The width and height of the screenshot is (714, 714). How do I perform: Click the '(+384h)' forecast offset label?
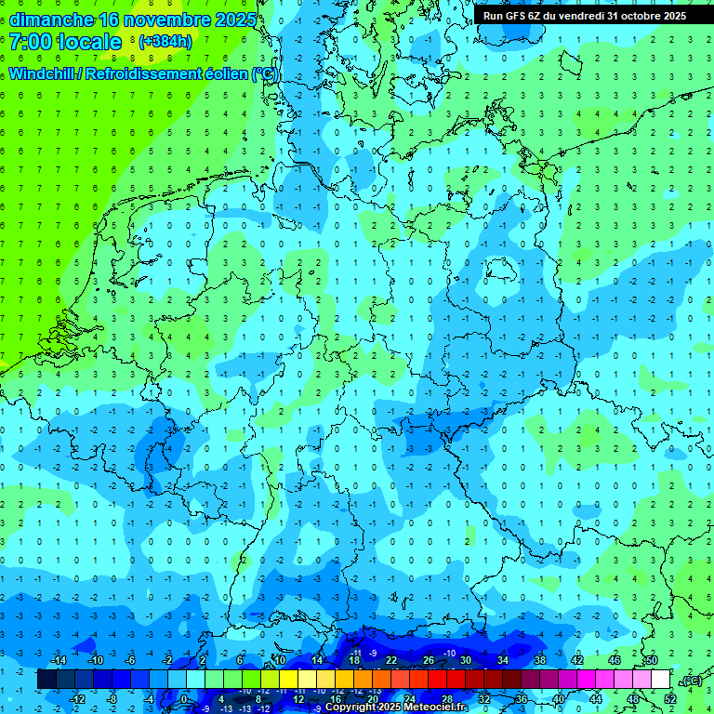[x=165, y=42]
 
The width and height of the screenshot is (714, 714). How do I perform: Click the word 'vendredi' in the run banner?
[x=575, y=16]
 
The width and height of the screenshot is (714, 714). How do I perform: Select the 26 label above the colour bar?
[x=429, y=660]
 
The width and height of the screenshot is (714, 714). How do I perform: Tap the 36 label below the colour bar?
[x=522, y=699]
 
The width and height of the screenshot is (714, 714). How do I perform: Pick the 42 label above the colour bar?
[x=577, y=660]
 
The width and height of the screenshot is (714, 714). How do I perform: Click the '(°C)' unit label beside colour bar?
[x=691, y=681]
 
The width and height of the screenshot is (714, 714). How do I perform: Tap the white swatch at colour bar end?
[x=660, y=680]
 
